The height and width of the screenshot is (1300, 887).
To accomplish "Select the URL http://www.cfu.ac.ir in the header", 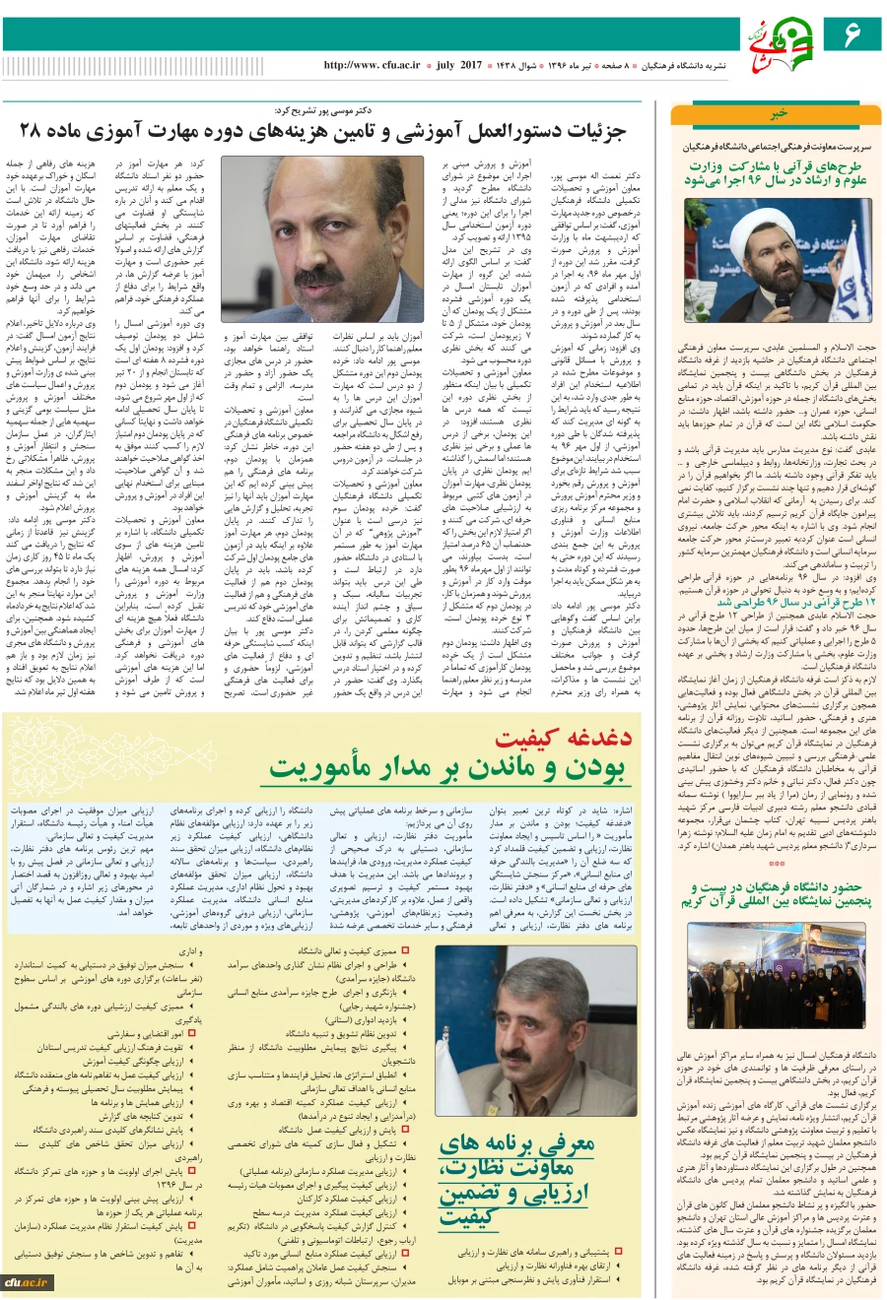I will [x=372, y=65].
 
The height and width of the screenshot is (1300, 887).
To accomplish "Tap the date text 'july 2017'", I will [x=458, y=65].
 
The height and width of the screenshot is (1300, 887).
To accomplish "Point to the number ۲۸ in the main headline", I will [x=32, y=130].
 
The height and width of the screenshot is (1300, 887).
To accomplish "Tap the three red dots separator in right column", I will [x=778, y=864].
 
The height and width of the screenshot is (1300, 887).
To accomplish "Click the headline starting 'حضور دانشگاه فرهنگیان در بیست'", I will [x=778, y=894].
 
